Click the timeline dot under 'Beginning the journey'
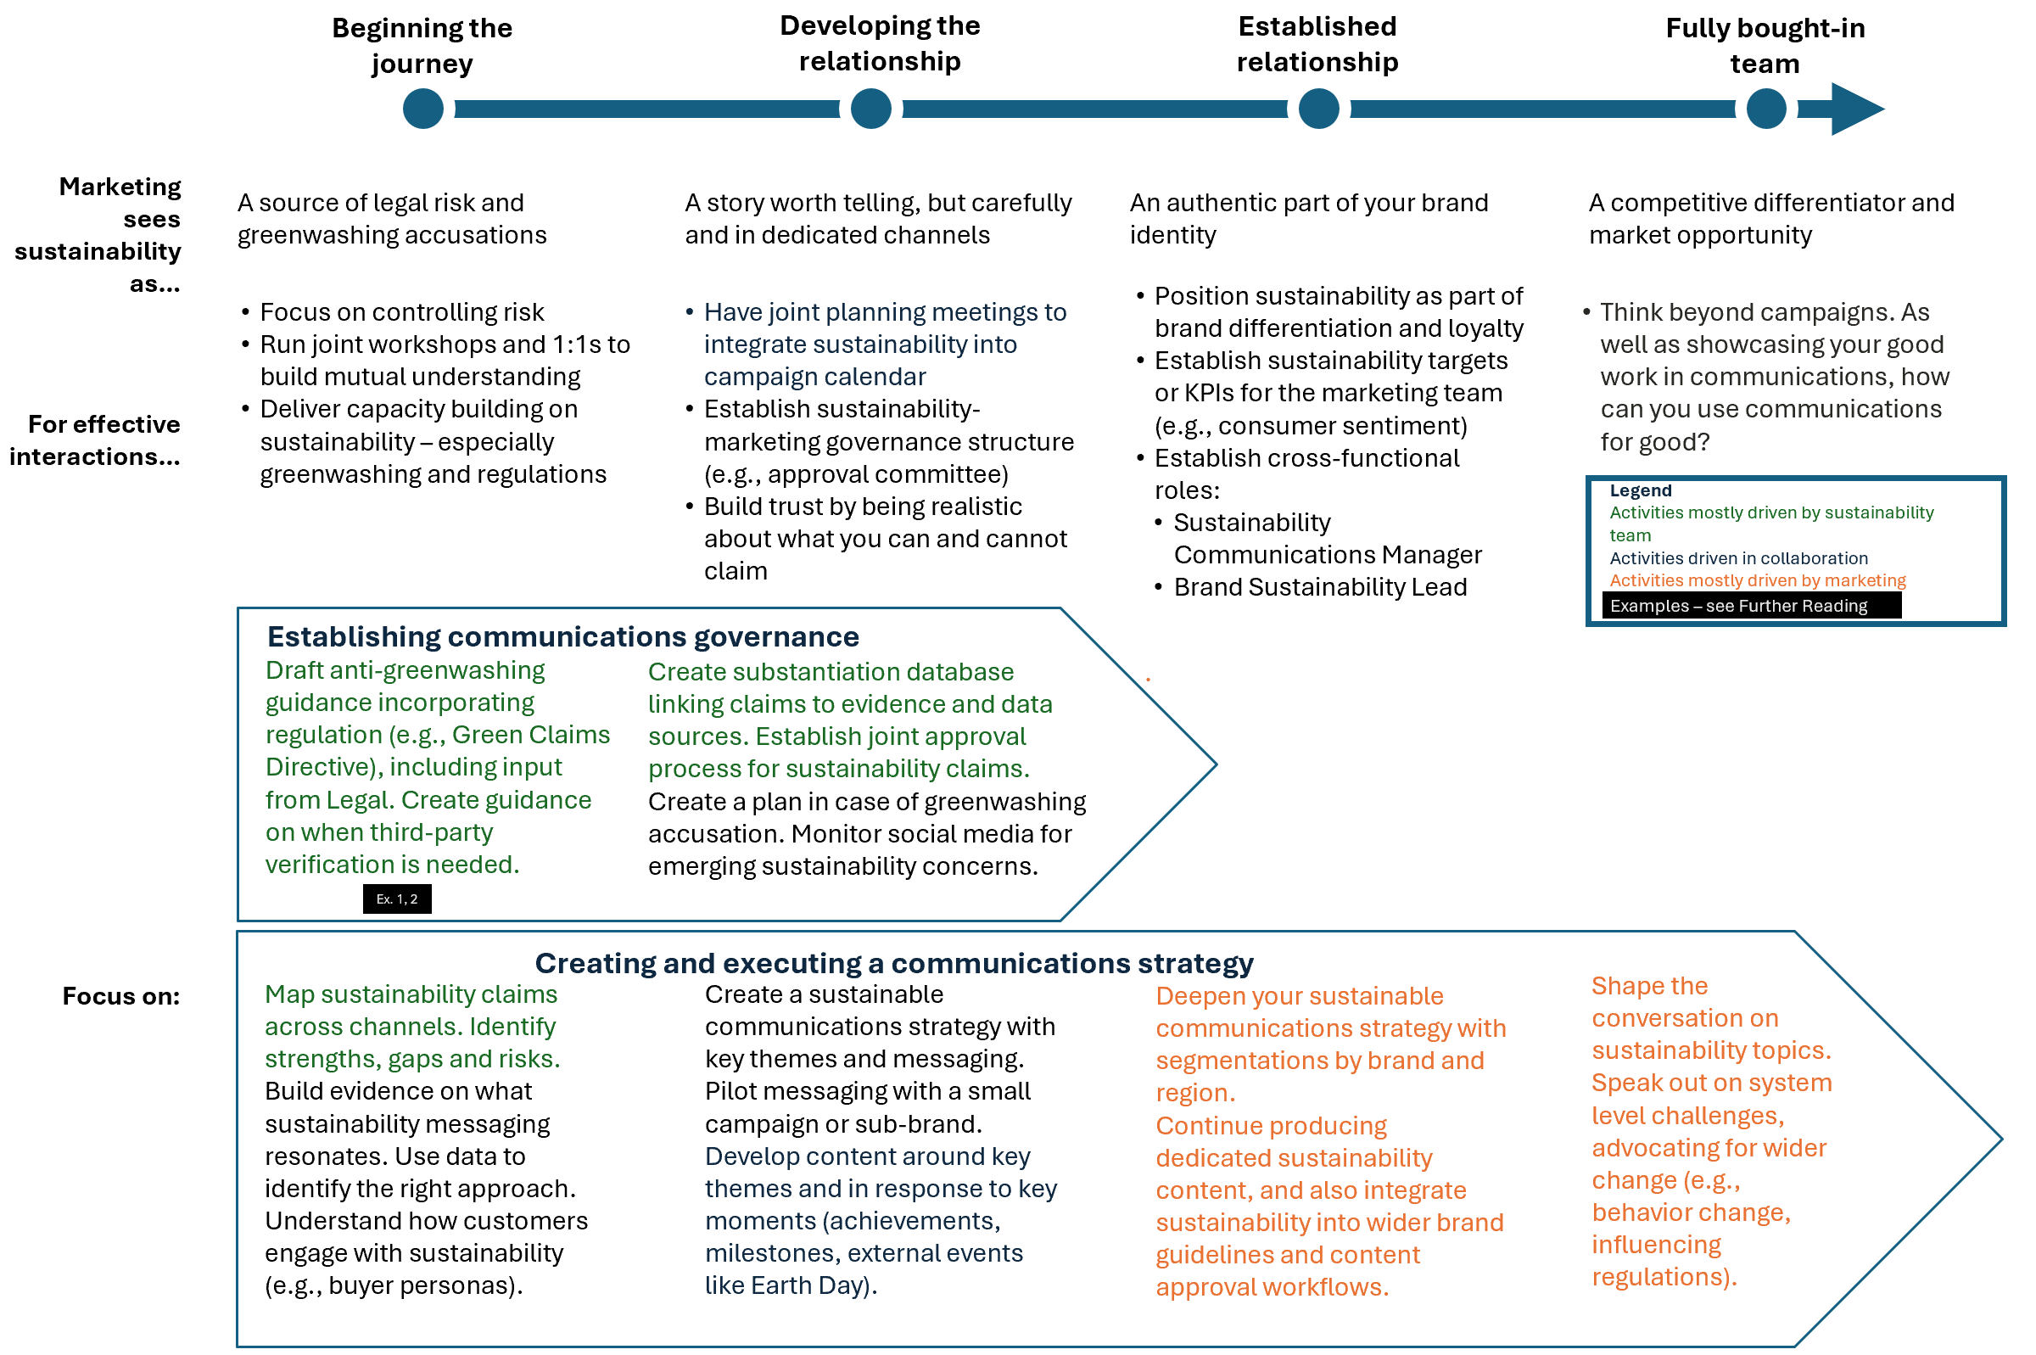[423, 109]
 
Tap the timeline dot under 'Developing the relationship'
[870, 109]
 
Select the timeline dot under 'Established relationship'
[1318, 109]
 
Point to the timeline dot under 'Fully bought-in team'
[1765, 109]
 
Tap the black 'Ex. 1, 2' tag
[396, 899]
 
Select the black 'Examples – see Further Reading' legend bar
[1750, 606]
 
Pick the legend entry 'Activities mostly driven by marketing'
[1757, 580]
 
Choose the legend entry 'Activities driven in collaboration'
[1738, 558]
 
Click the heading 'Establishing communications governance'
[562, 637]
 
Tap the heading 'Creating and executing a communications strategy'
[894, 963]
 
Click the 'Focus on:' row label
[121, 996]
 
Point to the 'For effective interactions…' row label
[96, 440]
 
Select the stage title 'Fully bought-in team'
[1765, 46]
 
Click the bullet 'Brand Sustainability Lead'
[1320, 588]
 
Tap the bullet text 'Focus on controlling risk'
[401, 312]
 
